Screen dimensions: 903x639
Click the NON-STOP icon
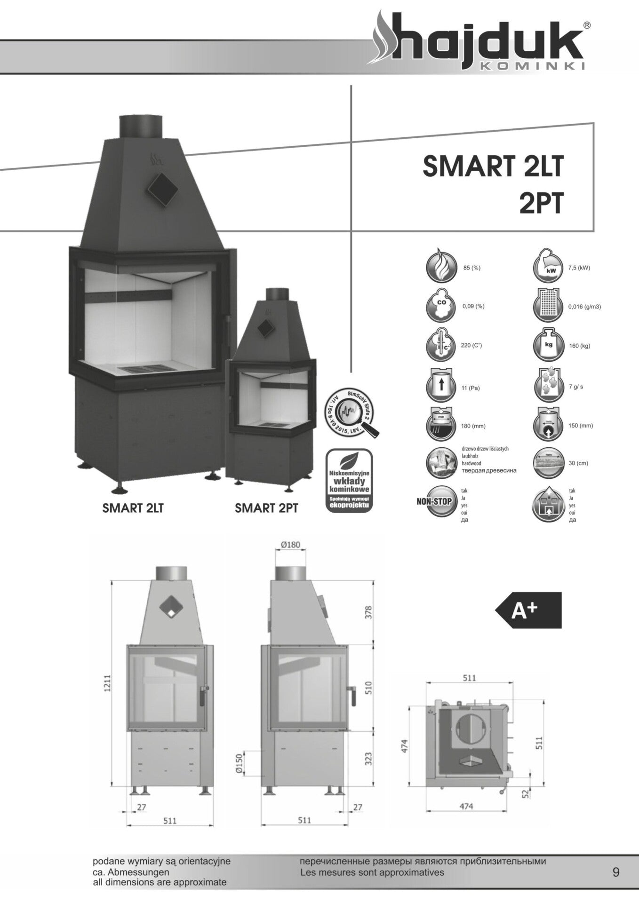coord(435,501)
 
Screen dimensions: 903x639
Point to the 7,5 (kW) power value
coord(579,268)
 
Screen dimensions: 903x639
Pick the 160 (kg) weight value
coord(579,346)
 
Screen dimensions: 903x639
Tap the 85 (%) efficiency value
coord(471,268)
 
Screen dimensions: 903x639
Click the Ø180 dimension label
coord(290,545)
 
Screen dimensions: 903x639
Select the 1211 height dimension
coord(107,683)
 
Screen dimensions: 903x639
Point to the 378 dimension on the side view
coord(368,612)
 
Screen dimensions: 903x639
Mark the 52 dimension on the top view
coord(526,793)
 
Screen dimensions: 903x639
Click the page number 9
coord(616,872)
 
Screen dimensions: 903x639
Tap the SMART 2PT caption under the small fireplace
coord(266,508)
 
